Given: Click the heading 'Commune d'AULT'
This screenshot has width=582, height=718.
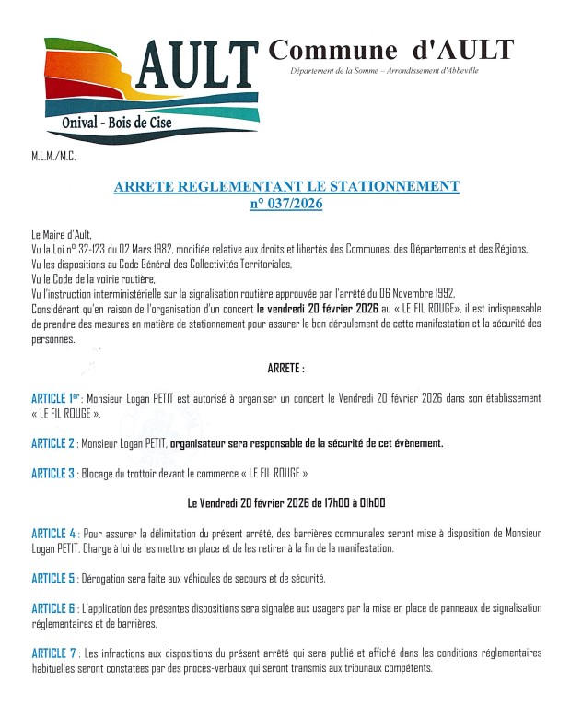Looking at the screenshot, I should (x=391, y=50).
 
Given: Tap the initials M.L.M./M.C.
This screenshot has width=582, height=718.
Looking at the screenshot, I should (x=53, y=157).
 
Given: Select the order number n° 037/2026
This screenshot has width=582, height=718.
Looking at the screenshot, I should (x=285, y=204).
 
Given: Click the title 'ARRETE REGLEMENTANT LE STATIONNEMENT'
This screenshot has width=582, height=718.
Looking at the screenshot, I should (x=285, y=187).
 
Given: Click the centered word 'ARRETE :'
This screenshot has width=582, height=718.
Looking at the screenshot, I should (x=285, y=368).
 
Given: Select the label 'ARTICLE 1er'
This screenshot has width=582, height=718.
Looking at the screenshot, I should (x=57, y=398).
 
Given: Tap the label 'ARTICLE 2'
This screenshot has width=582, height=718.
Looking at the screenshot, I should (x=53, y=443).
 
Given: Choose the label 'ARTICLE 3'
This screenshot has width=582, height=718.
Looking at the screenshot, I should (x=53, y=474).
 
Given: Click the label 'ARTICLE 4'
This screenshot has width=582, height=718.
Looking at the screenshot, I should (x=53, y=534).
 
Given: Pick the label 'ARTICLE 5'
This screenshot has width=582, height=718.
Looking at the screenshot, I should (x=53, y=579).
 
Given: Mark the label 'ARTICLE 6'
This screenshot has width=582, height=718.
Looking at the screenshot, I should (x=53, y=609).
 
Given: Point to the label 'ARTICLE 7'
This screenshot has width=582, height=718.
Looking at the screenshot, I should (x=53, y=653).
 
